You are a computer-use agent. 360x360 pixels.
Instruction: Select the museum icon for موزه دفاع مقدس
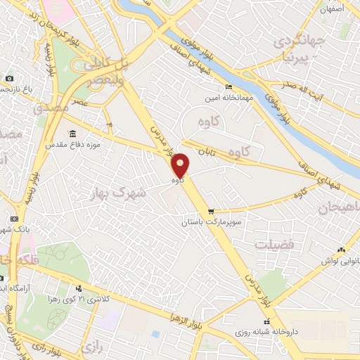coord(72,134)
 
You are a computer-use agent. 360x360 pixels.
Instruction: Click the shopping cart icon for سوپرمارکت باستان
coord(211,212)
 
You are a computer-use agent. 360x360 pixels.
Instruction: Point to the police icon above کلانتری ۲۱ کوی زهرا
coord(79,288)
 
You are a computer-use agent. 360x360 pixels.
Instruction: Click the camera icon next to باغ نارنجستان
coord(8,78)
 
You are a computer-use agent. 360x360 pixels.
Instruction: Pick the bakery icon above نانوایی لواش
coord(342,250)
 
